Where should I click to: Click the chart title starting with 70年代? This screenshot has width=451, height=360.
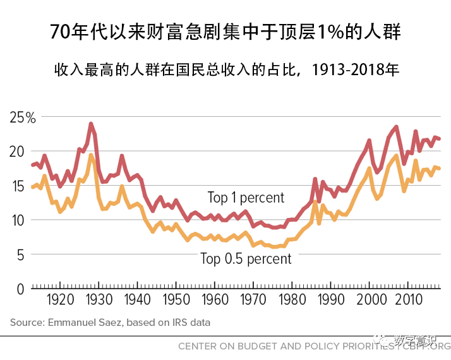[225, 32]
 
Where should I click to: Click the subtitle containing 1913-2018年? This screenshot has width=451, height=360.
[225, 69]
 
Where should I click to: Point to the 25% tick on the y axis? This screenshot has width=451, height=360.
[23, 117]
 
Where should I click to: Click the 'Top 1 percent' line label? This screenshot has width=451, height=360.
[246, 198]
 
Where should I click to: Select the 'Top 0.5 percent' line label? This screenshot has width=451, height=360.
[246, 258]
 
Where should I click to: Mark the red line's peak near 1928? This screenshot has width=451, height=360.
[91, 124]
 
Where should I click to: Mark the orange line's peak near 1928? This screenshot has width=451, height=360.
[91, 155]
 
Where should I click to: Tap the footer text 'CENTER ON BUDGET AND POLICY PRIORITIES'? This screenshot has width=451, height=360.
[278, 345]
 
